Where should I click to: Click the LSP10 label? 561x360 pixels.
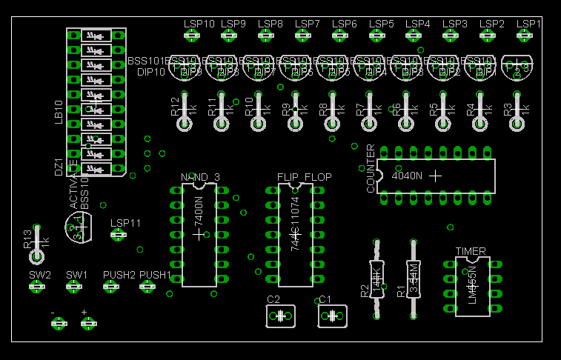[x=199, y=24]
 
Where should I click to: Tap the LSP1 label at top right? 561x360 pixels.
[x=528, y=24]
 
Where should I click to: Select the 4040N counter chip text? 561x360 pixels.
[x=406, y=176]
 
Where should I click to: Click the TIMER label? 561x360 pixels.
[x=471, y=251]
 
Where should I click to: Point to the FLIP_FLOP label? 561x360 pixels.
[x=305, y=177]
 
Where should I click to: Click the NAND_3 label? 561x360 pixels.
[x=200, y=177]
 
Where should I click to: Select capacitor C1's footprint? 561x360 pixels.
[x=332, y=316]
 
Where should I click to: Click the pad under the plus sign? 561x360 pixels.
[x=88, y=323]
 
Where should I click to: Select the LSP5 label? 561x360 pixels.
[x=381, y=24]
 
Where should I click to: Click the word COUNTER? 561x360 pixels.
[x=371, y=169]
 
